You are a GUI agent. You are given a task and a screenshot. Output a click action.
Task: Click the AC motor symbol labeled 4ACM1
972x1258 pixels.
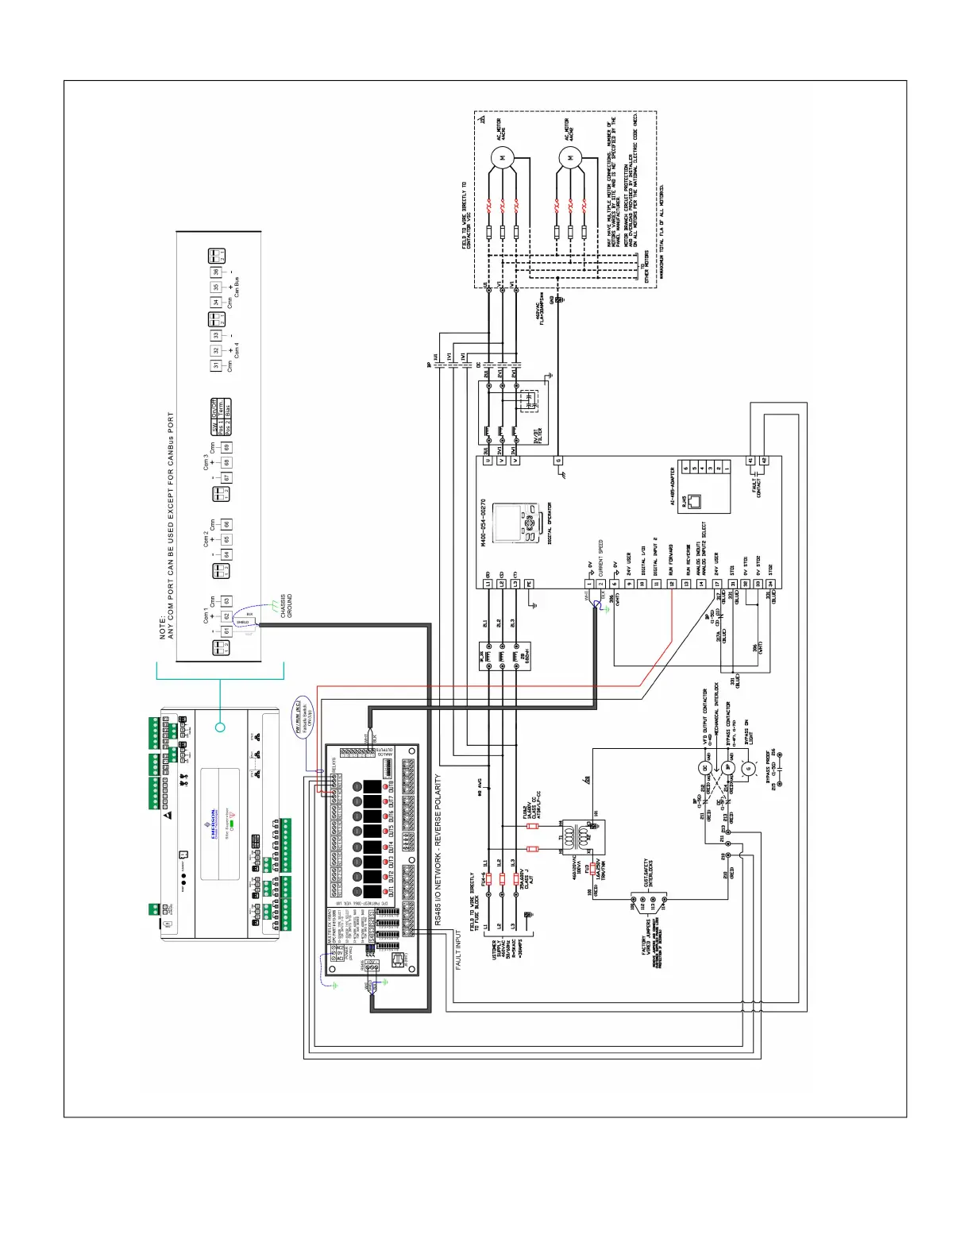(x=503, y=158)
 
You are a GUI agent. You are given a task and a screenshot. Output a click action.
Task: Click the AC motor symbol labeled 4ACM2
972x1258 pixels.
(x=570, y=158)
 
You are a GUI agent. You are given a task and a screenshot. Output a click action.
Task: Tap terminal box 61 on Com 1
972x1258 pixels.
(x=226, y=631)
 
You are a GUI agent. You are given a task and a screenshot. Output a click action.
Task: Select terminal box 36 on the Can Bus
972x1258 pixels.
(x=215, y=272)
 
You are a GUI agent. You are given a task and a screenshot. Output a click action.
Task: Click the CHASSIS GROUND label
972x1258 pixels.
(x=286, y=606)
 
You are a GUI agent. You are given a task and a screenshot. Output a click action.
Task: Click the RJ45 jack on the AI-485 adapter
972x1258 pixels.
(x=696, y=501)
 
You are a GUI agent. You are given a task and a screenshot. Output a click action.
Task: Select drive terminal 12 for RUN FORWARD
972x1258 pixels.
(x=672, y=584)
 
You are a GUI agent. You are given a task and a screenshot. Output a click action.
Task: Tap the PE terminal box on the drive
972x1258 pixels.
(x=529, y=584)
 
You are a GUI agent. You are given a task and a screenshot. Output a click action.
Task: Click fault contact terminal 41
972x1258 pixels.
(x=750, y=461)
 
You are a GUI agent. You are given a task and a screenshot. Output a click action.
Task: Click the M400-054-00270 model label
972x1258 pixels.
(x=483, y=523)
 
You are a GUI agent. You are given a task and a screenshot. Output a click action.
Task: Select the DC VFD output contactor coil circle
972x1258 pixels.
(x=705, y=768)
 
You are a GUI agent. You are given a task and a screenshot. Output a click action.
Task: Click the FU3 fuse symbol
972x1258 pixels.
(x=592, y=868)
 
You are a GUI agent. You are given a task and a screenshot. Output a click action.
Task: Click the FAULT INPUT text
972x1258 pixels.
(x=458, y=951)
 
